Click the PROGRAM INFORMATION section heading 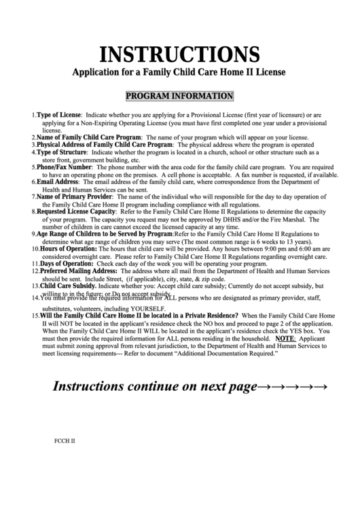180,96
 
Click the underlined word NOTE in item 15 285,338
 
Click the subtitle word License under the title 267,71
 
